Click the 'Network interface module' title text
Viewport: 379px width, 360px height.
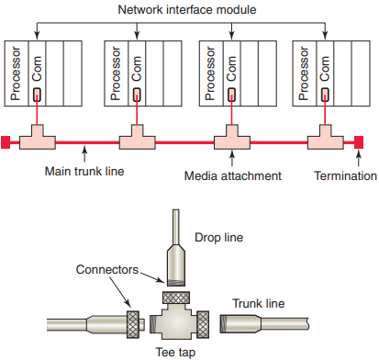187,9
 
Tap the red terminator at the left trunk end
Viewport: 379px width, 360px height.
6,142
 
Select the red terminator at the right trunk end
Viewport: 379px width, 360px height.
359,142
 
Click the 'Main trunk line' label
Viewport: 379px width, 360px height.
84,171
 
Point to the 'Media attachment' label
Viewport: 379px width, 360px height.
233,176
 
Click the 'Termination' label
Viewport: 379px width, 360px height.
345,176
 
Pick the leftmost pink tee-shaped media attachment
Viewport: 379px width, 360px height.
38,140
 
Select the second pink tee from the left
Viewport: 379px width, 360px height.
137,140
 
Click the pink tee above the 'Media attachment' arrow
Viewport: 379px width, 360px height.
232,140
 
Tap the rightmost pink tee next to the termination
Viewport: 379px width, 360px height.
326,140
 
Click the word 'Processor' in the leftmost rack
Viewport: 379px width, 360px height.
16,73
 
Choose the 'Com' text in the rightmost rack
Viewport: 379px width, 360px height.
325,69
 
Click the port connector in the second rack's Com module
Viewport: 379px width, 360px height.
137,95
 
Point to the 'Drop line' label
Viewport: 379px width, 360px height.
219,238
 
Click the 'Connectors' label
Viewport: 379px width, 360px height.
107,270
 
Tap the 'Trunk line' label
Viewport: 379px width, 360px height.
259,303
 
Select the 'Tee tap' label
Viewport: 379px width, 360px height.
175,353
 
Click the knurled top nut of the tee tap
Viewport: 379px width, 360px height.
176,298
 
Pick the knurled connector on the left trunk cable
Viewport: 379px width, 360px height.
133,324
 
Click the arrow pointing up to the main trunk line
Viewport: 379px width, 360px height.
84,154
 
